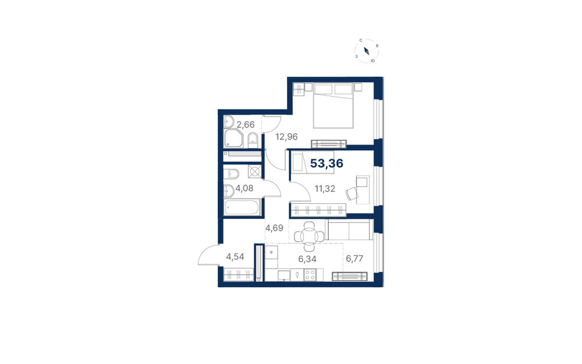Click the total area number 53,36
pyautogui.click(x=327, y=164)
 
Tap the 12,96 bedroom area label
pyautogui.click(x=286, y=137)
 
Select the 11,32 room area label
pyautogui.click(x=325, y=189)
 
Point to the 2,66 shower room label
pyautogui.click(x=246, y=125)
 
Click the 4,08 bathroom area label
pyautogui.click(x=244, y=188)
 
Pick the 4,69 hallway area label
pyautogui.click(x=274, y=228)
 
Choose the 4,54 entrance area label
pyautogui.click(x=235, y=257)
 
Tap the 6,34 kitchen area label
pyautogui.click(x=307, y=259)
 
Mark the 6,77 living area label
pyautogui.click(x=354, y=259)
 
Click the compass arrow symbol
pyautogui.click(x=366, y=51)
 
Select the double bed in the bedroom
pyautogui.click(x=333, y=106)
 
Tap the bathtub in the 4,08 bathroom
pyautogui.click(x=242, y=208)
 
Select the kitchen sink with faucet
pyautogui.click(x=297, y=275)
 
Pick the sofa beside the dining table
pyautogui.click(x=349, y=229)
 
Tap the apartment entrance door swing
pyautogui.click(x=208, y=255)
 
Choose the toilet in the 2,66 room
pyautogui.click(x=253, y=139)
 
